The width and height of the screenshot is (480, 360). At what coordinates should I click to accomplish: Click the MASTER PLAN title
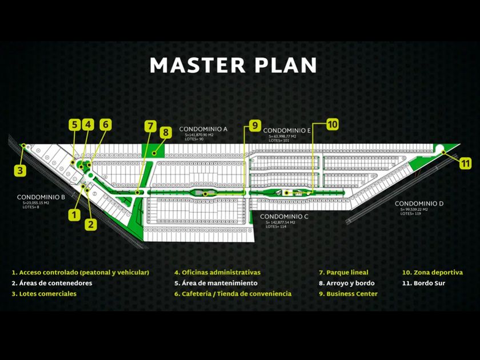(x=233, y=65)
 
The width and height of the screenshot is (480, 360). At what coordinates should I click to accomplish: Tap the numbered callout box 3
(x=21, y=169)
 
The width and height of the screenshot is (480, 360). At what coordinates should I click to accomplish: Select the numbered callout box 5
(x=74, y=124)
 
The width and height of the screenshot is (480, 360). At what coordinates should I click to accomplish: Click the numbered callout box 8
(x=165, y=133)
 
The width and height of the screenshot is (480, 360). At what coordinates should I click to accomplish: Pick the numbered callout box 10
(x=333, y=124)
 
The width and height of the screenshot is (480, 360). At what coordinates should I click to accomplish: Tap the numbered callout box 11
(x=466, y=162)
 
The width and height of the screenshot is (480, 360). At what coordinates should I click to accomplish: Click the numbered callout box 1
(x=74, y=214)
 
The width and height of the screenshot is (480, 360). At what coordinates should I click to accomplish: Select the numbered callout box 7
(x=150, y=125)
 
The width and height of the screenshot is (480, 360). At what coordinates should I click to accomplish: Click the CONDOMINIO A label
(x=203, y=129)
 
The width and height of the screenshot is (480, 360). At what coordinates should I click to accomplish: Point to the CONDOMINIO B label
(x=41, y=197)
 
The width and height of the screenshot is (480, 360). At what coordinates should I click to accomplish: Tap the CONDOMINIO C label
(x=285, y=217)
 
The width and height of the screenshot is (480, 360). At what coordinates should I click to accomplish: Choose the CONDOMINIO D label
(x=419, y=204)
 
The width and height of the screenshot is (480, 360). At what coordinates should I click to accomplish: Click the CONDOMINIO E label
(x=287, y=131)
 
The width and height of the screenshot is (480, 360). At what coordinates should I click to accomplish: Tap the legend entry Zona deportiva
(x=432, y=273)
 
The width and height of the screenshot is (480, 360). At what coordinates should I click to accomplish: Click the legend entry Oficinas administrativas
(x=217, y=273)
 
